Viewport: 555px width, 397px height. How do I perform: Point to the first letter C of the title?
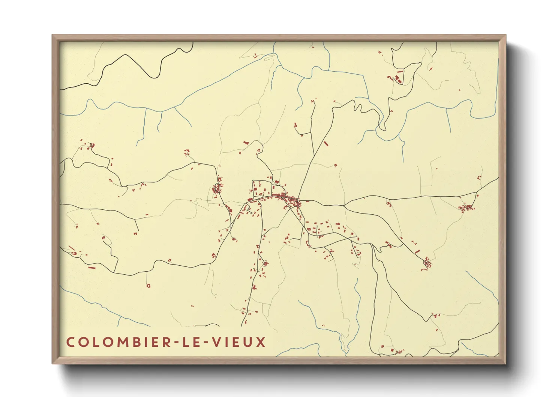(x=70, y=342)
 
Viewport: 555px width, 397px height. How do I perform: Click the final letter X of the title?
(x=261, y=342)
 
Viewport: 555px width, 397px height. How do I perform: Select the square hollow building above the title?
(x=148, y=286)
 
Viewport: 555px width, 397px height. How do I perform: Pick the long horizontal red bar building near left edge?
(x=91, y=268)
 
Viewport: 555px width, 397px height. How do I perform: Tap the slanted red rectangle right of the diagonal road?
(x=325, y=143)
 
